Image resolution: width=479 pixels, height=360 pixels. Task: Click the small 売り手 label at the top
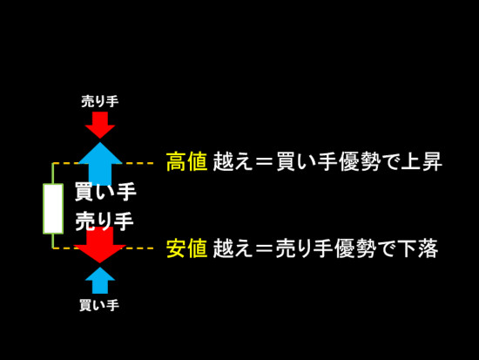pos(100,101)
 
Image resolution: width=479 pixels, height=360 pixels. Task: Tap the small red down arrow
pos(100,125)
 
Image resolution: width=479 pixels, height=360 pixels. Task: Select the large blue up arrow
pos(100,164)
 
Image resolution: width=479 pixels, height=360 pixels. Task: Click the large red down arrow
pos(100,245)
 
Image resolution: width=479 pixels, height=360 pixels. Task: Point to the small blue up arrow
pos(100,280)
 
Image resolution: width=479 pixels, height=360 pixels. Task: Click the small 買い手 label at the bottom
pos(99,305)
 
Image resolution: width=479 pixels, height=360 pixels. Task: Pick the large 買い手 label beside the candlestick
pos(105,192)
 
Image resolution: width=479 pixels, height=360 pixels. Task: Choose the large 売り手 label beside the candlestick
pos(105,221)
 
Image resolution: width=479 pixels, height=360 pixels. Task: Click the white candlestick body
pos(53,208)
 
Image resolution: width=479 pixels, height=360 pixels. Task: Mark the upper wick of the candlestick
pos(53,173)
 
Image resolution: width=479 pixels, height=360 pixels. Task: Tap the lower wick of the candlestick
pos(53,241)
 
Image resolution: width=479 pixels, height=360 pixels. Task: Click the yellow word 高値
pos(187,161)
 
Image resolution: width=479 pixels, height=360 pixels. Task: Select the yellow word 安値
pos(187,248)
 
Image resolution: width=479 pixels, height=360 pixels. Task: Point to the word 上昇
pos(422,161)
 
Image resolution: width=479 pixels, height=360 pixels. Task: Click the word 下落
pos(418,248)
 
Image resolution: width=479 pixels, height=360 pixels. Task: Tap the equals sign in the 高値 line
pos(264,162)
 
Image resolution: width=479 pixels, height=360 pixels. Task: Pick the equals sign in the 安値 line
pos(264,248)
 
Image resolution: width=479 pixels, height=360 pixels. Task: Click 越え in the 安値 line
pos(233,248)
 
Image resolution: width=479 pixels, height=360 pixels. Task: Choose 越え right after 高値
pos(233,161)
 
